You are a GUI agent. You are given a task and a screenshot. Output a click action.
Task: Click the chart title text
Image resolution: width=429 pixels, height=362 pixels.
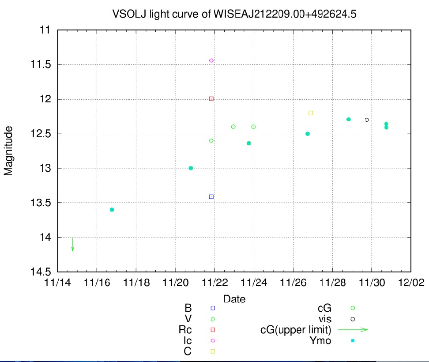tap(234, 14)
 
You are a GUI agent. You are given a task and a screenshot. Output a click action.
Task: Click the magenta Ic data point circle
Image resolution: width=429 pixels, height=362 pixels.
tap(211, 60)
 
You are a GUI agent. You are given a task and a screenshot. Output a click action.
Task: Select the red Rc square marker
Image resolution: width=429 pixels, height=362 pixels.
tap(211, 99)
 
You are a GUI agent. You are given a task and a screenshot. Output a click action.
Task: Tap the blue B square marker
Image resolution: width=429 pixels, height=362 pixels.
tap(211, 197)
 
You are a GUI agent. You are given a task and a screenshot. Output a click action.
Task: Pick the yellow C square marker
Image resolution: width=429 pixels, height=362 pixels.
tap(311, 113)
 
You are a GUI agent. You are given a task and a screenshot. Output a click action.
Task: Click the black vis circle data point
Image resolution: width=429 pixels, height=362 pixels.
tap(367, 120)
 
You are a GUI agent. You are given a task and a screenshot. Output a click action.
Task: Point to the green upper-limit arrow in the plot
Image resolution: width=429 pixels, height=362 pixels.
tap(73, 244)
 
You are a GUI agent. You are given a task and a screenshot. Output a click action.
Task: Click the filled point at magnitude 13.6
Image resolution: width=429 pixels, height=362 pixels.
tap(112, 210)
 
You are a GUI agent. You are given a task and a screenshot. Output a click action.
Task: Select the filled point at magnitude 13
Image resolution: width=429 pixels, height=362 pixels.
tap(191, 168)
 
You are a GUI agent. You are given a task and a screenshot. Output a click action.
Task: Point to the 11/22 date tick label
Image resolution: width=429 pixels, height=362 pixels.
tap(214, 282)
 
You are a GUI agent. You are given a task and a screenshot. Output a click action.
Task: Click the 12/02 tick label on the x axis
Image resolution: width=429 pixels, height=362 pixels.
tap(410, 282)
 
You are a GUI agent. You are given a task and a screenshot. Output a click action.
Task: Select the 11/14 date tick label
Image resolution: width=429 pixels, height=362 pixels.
tap(58, 282)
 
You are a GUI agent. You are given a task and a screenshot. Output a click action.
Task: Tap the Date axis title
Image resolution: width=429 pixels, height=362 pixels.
tap(234, 299)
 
